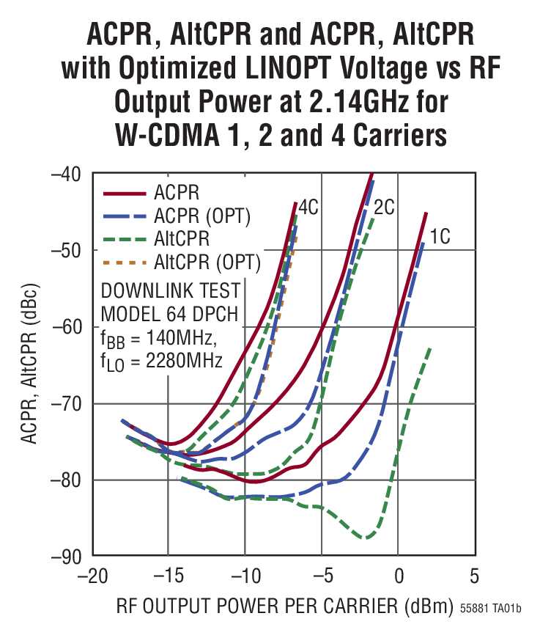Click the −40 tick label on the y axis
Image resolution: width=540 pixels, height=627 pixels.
[67, 175]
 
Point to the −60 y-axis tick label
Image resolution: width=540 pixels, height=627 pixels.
[67, 327]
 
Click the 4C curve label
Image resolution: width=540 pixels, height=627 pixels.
[308, 208]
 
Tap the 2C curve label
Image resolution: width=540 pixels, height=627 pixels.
[384, 208]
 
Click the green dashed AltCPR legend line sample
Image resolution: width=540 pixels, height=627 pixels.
[125, 238]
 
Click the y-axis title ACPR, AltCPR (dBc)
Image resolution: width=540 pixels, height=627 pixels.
[29, 365]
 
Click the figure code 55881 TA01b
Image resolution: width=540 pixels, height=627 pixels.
[491, 609]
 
